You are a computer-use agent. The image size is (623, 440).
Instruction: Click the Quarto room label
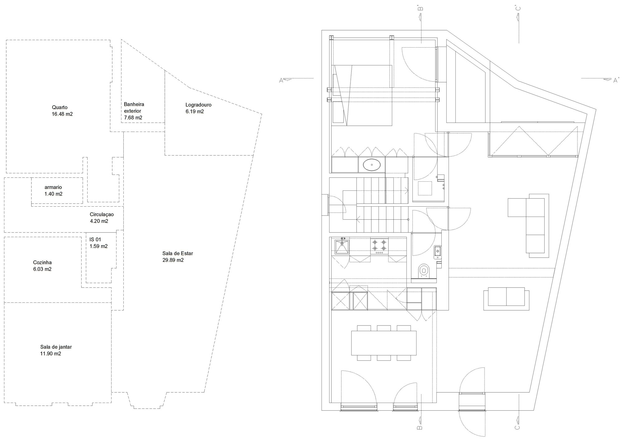point(60,107)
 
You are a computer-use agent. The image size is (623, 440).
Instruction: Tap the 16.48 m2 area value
point(62,114)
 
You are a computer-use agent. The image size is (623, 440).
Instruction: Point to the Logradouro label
point(198,105)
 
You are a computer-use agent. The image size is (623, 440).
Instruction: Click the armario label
point(53,187)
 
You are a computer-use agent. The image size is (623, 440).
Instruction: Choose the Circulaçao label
point(102,214)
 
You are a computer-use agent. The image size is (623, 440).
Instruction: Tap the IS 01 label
point(95,240)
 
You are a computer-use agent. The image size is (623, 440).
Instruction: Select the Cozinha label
point(42,263)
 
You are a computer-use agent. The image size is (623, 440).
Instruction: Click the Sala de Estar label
point(178,253)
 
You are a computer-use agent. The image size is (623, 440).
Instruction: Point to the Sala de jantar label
point(56,347)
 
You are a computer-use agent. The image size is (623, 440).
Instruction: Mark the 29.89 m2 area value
point(173,260)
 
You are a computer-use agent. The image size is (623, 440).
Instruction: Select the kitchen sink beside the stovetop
point(342,247)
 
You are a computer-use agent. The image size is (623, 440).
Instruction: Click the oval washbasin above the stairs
point(372,165)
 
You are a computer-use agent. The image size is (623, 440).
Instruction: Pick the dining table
point(384,343)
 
